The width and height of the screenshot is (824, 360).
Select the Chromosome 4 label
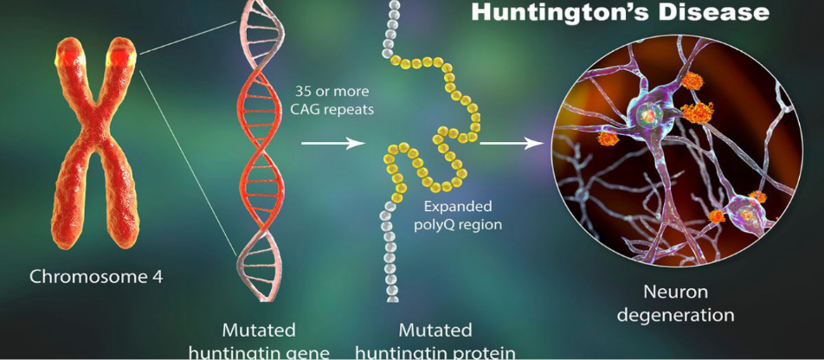(96, 277)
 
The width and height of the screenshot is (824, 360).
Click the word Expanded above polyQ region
(457, 206)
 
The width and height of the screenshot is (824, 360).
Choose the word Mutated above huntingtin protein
(435, 331)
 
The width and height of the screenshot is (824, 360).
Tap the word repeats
(344, 108)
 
